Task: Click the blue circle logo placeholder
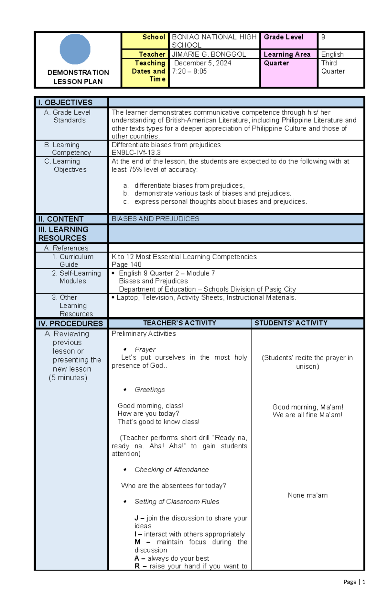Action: pyautogui.click(x=75, y=49)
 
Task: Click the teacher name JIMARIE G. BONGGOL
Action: pyautogui.click(x=209, y=54)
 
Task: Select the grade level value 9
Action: pyautogui.click(x=323, y=37)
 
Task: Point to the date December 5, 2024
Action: pyautogui.click(x=203, y=63)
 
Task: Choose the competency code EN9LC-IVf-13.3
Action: pyautogui.click(x=136, y=152)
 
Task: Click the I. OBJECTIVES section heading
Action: pyautogui.click(x=65, y=103)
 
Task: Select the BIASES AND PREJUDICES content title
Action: pyautogui.click(x=155, y=219)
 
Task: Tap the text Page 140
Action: pyautogui.click(x=126, y=264)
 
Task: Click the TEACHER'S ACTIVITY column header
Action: pyautogui.click(x=179, y=323)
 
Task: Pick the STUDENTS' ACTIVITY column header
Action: pyautogui.click(x=291, y=323)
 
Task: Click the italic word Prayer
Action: pyautogui.click(x=145, y=350)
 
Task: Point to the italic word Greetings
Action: pyautogui.click(x=149, y=390)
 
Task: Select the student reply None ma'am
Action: pyautogui.click(x=307, y=495)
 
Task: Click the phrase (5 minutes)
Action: pyautogui.click(x=68, y=378)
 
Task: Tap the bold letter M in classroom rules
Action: pyautogui.click(x=138, y=542)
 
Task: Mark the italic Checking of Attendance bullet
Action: pyautogui.click(x=171, y=470)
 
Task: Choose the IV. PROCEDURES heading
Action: pyautogui.click(x=70, y=324)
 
